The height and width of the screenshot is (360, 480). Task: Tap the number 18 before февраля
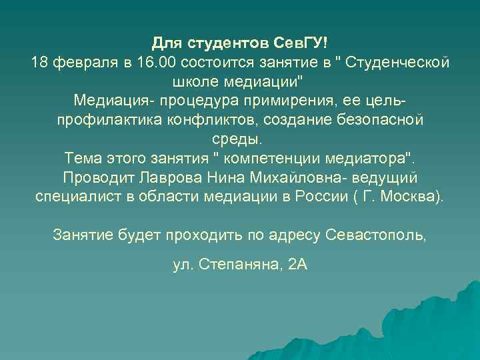[39, 63]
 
